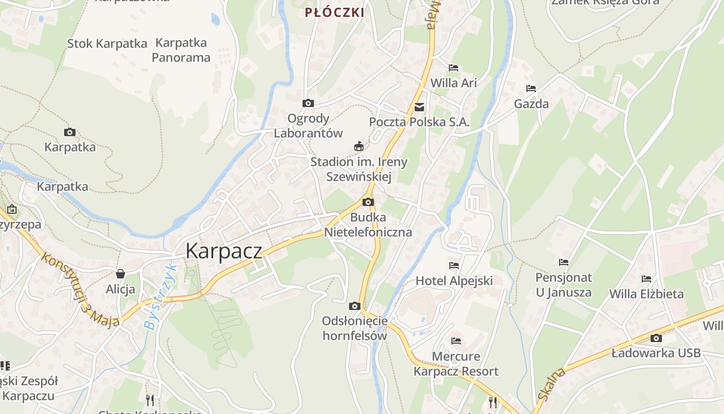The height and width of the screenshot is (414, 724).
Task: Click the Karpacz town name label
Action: [223, 251]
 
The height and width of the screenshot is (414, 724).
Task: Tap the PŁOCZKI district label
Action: [335, 12]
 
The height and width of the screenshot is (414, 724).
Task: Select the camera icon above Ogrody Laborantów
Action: [308, 103]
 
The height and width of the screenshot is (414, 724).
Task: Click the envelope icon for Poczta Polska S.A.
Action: [419, 107]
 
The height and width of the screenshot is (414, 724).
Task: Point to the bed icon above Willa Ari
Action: [454, 68]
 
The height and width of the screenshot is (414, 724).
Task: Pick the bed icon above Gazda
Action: [531, 88]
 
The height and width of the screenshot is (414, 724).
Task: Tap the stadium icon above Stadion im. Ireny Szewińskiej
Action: [358, 147]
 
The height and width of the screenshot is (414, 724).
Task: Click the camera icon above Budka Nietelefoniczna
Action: [368, 202]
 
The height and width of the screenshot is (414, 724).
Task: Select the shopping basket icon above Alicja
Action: [120, 274]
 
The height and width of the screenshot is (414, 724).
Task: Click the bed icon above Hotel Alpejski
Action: [454, 265]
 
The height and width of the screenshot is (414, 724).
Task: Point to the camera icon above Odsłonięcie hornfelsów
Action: [355, 306]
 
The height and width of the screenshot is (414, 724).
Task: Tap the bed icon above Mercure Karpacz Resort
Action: [456, 341]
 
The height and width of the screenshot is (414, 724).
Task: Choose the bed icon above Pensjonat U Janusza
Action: [564, 262]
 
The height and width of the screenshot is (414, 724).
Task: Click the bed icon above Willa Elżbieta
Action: [646, 279]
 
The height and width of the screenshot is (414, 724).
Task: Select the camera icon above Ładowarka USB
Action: [656, 338]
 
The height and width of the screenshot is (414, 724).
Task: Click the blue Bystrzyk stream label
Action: [160, 298]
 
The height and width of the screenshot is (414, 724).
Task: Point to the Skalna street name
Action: [552, 384]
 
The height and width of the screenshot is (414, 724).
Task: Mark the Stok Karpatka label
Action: [107, 43]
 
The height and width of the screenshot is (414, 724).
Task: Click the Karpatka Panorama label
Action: [181, 50]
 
